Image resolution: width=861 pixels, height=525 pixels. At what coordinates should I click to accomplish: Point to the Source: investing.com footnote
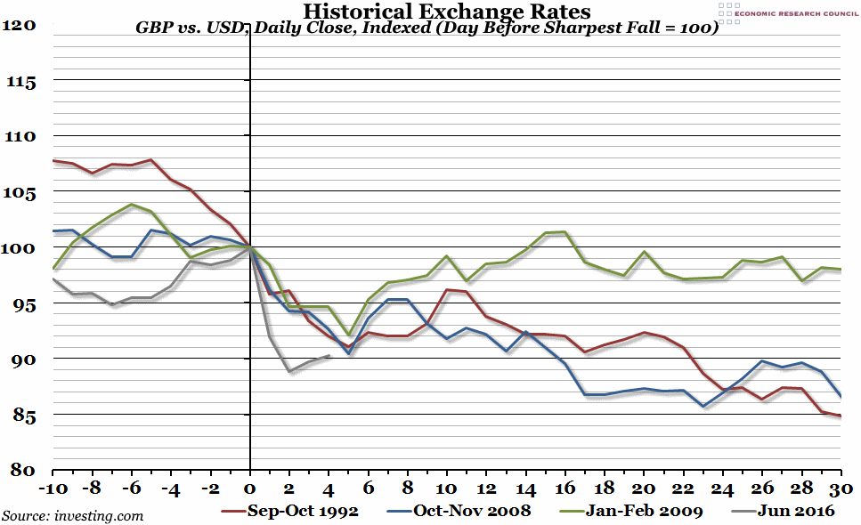click(x=73, y=515)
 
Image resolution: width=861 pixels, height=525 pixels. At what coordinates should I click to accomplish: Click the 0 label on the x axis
click(x=250, y=489)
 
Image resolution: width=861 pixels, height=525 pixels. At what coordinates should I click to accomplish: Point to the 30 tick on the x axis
click(x=841, y=489)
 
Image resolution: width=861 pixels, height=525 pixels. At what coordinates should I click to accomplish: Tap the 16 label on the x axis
click(x=565, y=489)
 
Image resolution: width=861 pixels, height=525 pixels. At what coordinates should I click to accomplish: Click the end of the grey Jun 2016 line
click(x=329, y=356)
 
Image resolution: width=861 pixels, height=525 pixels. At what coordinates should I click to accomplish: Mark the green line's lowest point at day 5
click(x=349, y=335)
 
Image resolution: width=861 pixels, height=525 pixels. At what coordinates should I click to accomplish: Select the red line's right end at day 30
click(x=841, y=416)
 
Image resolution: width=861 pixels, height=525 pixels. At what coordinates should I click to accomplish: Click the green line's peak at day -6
click(x=132, y=205)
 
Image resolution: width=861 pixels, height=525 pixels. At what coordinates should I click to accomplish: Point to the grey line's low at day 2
click(x=290, y=371)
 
